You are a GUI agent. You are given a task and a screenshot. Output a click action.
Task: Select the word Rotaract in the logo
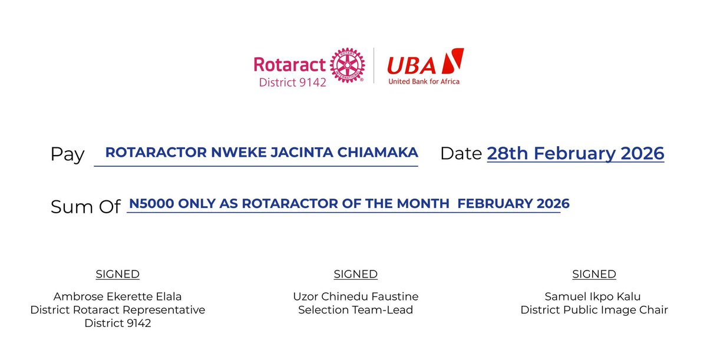(290, 64)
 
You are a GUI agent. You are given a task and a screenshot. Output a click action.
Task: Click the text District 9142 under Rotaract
(292, 82)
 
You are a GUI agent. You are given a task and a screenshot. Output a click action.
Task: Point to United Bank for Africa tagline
(424, 81)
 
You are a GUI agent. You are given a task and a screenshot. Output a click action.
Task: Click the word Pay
(68, 154)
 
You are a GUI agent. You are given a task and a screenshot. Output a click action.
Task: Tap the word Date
(461, 153)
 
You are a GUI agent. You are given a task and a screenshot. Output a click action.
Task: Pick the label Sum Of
(85, 207)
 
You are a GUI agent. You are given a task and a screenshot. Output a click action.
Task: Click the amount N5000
(148, 204)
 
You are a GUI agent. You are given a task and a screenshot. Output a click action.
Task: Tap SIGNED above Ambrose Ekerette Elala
(118, 274)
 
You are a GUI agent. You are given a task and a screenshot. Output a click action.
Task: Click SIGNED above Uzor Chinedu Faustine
(355, 274)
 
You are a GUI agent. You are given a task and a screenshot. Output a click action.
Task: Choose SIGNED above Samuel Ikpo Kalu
(594, 274)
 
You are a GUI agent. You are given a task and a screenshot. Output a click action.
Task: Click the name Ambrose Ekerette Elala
(118, 296)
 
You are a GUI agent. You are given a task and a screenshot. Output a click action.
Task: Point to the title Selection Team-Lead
(355, 310)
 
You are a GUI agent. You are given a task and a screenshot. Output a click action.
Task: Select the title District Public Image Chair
(594, 310)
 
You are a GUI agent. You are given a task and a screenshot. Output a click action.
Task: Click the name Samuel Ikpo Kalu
(594, 296)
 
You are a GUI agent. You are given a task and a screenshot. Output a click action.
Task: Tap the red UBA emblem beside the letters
(452, 61)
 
